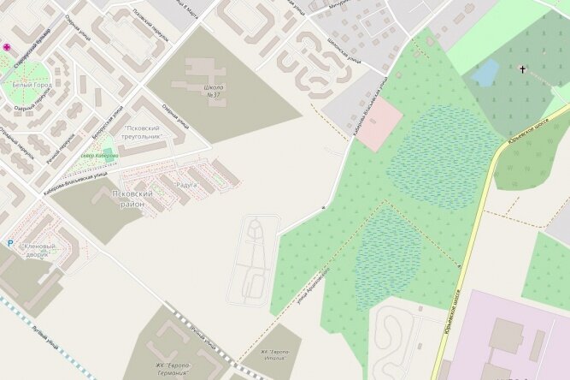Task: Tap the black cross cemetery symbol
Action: pyautogui.click(x=522, y=68)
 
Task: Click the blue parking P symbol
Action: pyautogui.click(x=10, y=243)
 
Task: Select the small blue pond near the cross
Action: pyautogui.click(x=485, y=73)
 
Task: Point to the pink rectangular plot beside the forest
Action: pyautogui.click(x=379, y=124)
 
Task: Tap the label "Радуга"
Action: pyautogui.click(x=185, y=184)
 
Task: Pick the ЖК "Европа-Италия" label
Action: pyautogui.click(x=274, y=354)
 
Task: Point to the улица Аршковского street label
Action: pyautogui.click(x=314, y=283)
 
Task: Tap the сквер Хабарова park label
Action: pyautogui.click(x=100, y=155)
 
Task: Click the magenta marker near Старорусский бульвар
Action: pyautogui.click(x=8, y=47)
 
